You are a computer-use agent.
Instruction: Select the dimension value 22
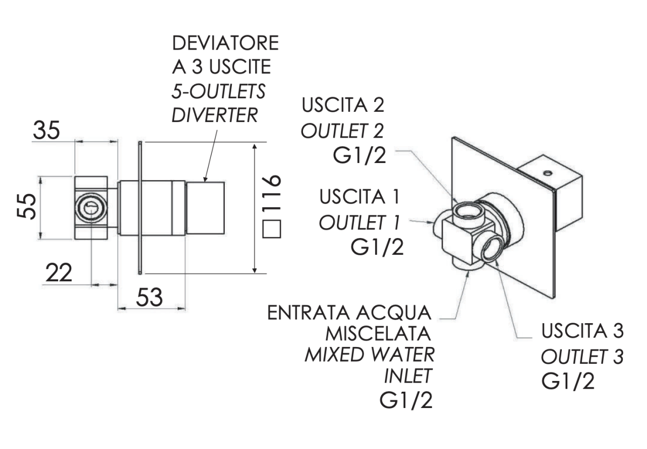(x=59, y=274)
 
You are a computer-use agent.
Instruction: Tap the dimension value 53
(x=148, y=297)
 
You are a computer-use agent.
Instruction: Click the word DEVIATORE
(x=225, y=43)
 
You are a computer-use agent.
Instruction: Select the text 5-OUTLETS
(x=218, y=92)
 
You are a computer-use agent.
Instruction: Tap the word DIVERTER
(x=215, y=115)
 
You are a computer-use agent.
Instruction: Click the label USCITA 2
(x=343, y=106)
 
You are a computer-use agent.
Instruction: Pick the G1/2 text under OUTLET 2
(x=360, y=157)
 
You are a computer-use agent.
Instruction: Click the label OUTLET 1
(x=359, y=222)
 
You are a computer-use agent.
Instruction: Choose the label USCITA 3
(x=583, y=331)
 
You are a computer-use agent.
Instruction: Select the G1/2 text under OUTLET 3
(x=569, y=381)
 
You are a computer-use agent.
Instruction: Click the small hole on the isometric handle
(x=548, y=173)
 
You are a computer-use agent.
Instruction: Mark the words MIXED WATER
(x=369, y=355)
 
